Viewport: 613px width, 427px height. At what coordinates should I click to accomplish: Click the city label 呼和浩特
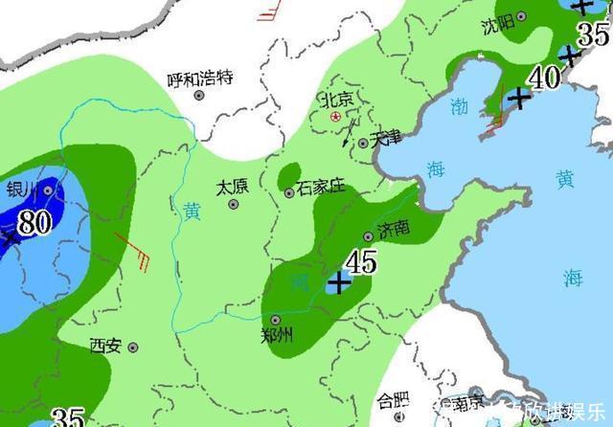pyautogui.click(x=200, y=80)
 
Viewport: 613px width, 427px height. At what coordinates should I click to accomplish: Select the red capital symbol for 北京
pyautogui.click(x=335, y=116)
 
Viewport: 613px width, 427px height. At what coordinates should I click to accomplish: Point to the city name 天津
pyautogui.click(x=387, y=137)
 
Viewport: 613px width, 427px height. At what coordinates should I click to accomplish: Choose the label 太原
pyautogui.click(x=233, y=187)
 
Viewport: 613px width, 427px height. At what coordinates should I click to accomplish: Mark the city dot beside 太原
pyautogui.click(x=233, y=204)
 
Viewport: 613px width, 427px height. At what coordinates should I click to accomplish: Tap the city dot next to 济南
pyautogui.click(x=369, y=236)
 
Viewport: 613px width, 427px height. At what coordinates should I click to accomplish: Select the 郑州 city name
pyautogui.click(x=278, y=335)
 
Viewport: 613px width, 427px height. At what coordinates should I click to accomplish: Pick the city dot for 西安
pyautogui.click(x=133, y=347)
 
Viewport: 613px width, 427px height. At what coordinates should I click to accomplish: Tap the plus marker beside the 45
pyautogui.click(x=338, y=282)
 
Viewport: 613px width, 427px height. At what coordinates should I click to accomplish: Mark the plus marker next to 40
pyautogui.click(x=518, y=97)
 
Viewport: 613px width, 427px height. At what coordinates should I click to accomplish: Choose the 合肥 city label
pyautogui.click(x=392, y=400)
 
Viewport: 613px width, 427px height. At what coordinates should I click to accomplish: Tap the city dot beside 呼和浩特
pyautogui.click(x=199, y=95)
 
